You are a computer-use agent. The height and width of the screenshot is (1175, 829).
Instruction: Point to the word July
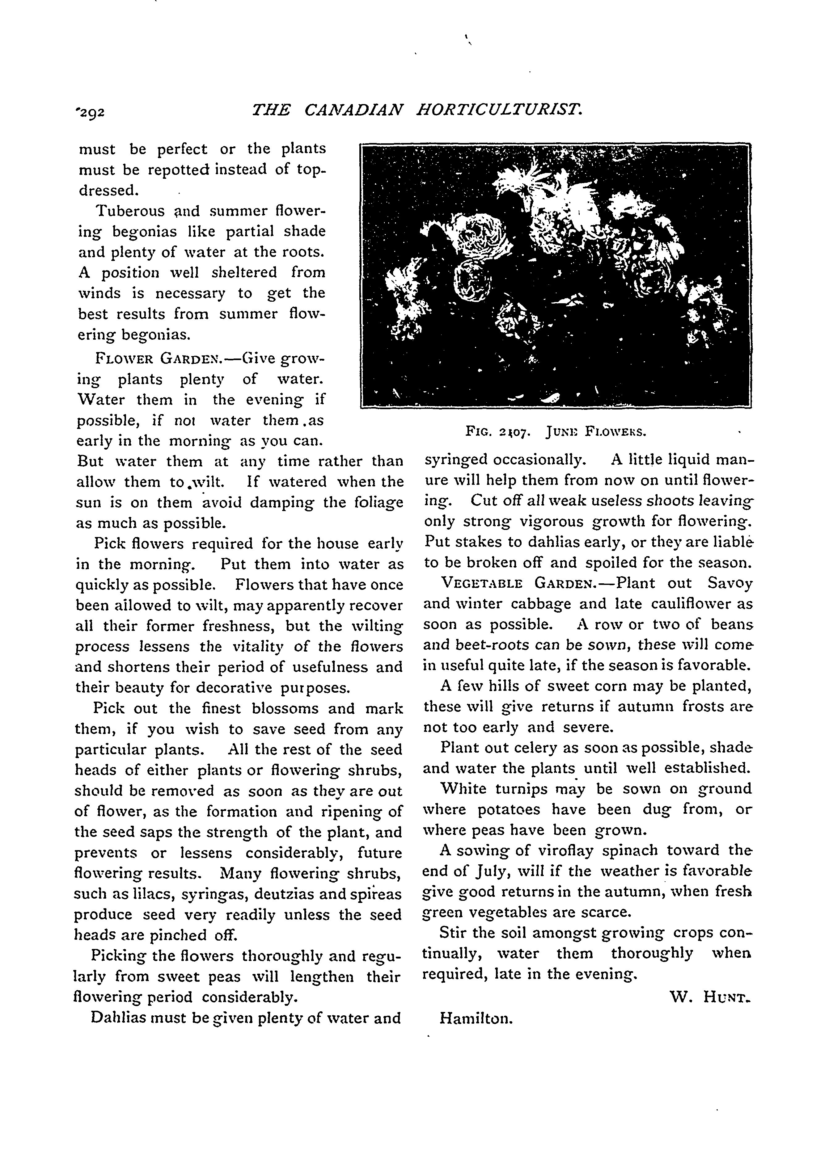click(x=493, y=871)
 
